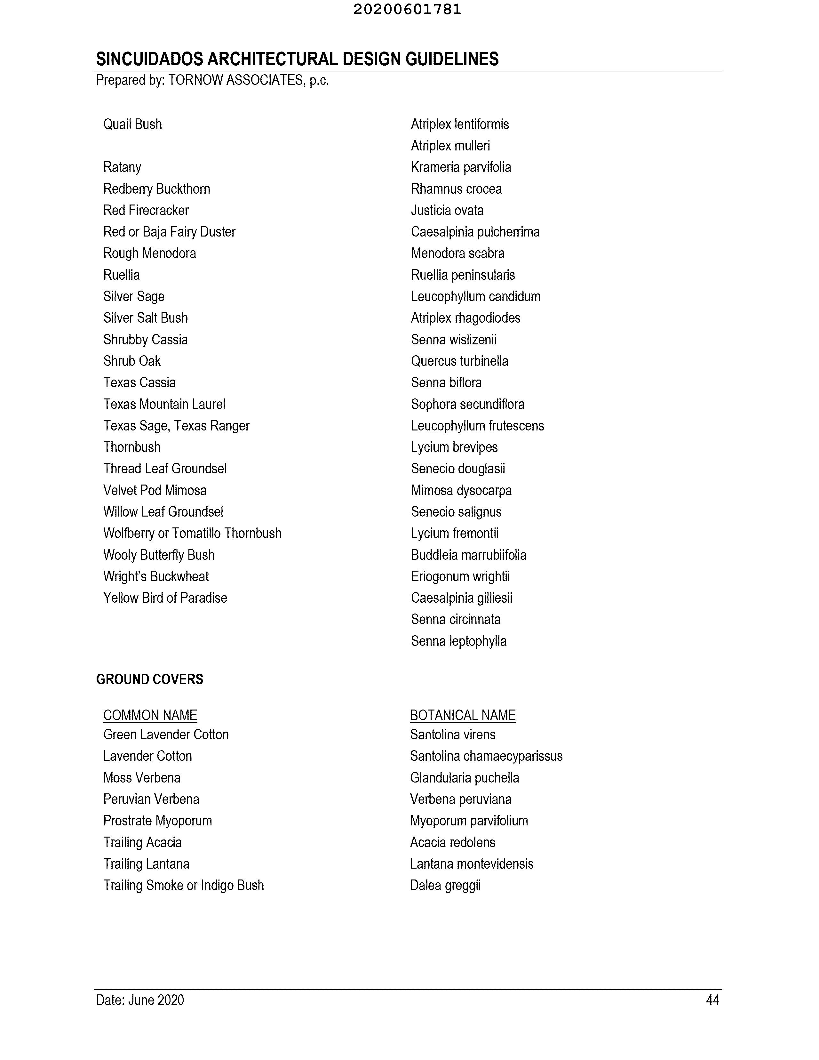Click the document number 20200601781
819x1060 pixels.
(x=407, y=10)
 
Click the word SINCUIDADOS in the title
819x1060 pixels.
(x=149, y=59)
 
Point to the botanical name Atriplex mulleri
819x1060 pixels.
(x=450, y=146)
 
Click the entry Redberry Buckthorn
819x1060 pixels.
(x=157, y=189)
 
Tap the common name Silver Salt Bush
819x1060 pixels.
(x=146, y=318)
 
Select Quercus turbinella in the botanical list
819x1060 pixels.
(x=459, y=361)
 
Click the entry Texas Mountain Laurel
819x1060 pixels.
(x=164, y=404)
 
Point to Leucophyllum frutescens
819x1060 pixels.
(x=477, y=426)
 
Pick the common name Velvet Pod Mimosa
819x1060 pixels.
(x=155, y=490)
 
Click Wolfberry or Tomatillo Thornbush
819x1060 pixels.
(x=192, y=534)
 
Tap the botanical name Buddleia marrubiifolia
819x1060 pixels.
(x=468, y=555)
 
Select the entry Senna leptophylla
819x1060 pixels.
(x=458, y=641)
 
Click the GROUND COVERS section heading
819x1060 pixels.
(x=149, y=679)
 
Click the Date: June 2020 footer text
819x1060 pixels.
(x=140, y=1000)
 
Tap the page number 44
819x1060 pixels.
(x=712, y=1000)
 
